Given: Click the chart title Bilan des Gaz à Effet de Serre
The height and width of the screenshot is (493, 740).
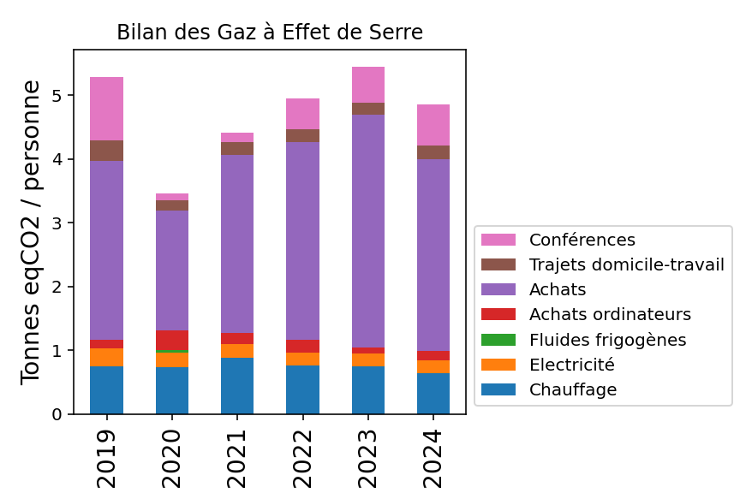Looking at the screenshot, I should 270,33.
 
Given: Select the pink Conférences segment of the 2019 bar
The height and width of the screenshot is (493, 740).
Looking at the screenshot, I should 106,109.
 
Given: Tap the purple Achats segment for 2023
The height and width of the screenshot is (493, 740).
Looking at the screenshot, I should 367,231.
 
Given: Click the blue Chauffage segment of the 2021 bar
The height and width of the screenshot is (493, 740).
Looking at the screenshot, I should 237,386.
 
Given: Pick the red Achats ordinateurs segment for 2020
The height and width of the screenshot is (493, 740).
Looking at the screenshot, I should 172,340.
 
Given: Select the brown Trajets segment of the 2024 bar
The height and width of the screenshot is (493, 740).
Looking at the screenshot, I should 433,152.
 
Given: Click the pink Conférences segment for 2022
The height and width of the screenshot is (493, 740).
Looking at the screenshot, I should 302,114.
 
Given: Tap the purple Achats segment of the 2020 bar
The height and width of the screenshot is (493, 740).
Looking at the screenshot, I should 172,270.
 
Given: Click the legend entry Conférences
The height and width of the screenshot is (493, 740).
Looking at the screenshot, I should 582,240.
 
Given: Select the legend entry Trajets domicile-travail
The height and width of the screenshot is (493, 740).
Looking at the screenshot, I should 626,264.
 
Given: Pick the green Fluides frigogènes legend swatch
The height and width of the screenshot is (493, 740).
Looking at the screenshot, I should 498,340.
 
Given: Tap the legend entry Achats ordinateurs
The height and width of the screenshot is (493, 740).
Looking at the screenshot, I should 610,314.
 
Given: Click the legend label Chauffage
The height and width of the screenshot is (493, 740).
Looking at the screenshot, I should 573,389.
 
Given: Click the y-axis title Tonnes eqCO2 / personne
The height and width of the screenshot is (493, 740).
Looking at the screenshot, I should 31,232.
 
